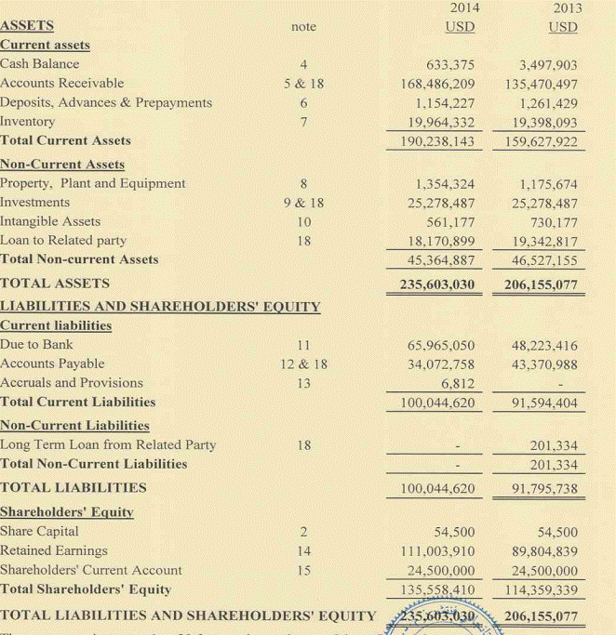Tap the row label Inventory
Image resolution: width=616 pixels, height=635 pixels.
(x=27, y=122)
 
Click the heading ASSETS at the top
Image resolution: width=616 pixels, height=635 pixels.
(x=27, y=26)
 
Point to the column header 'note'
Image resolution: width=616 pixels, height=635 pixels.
(x=303, y=27)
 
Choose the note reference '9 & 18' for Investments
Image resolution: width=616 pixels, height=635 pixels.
(x=303, y=203)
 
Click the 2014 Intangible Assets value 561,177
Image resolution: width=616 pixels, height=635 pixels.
(x=449, y=222)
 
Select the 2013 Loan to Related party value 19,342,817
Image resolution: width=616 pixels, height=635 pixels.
(x=540, y=241)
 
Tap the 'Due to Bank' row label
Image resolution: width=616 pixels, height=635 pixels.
(x=36, y=345)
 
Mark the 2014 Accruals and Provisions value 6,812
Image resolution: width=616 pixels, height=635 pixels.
(x=458, y=383)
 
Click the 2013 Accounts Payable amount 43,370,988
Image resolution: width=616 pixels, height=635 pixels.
(x=540, y=364)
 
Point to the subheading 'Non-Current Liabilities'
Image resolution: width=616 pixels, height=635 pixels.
(x=74, y=425)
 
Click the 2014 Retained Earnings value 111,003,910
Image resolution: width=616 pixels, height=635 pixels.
(x=436, y=551)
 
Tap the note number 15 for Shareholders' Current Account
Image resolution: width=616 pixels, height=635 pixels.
(x=302, y=570)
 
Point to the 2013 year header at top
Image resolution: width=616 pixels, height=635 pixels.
(x=567, y=8)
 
